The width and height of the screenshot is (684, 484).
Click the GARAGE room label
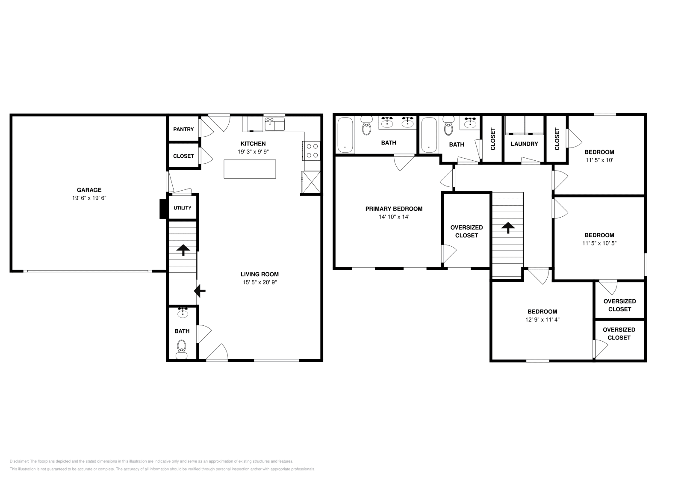[x=89, y=190]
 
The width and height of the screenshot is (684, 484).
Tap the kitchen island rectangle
[x=250, y=169]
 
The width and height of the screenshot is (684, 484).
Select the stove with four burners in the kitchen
[x=312, y=151]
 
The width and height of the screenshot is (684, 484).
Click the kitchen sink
[x=275, y=124]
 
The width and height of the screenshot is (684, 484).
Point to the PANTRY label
[x=183, y=130]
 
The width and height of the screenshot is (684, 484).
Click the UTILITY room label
[x=183, y=208]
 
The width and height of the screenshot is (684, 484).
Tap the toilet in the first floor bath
[x=182, y=348]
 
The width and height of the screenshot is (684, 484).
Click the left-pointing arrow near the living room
[x=200, y=291]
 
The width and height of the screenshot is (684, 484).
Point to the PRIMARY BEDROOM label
[x=394, y=209]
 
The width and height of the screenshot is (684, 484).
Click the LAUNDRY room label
[x=524, y=144]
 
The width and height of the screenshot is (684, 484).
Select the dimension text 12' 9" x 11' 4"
[x=542, y=319]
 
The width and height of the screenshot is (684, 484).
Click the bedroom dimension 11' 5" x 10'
[x=599, y=160]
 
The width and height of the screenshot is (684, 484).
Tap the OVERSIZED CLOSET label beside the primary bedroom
[x=466, y=231]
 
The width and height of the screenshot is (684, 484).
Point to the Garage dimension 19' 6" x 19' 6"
[x=89, y=198]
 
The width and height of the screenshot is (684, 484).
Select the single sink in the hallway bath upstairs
[x=470, y=124]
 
